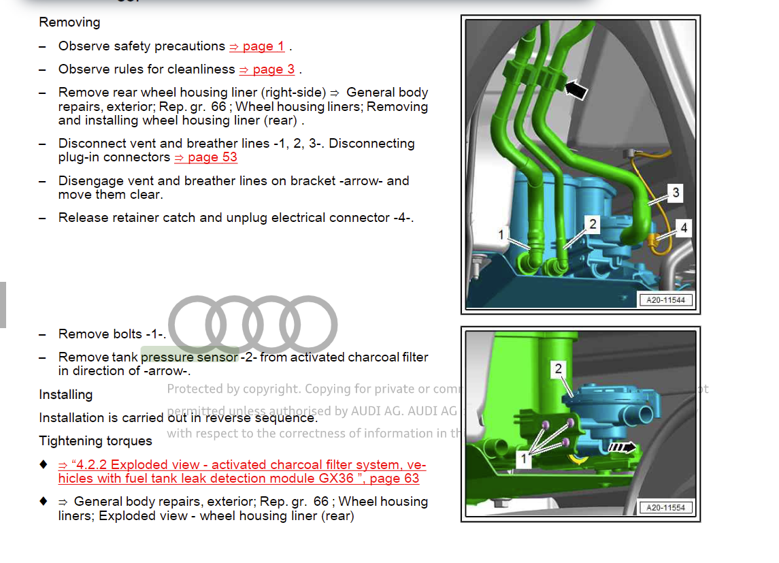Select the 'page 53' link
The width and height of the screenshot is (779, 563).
(x=206, y=157)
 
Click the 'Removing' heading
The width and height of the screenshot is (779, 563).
(x=69, y=22)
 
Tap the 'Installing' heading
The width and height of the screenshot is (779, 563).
(x=65, y=395)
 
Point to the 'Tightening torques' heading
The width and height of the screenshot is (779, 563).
(x=95, y=441)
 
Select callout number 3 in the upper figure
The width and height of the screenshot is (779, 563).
(x=676, y=193)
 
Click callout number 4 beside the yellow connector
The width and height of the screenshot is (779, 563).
(x=684, y=228)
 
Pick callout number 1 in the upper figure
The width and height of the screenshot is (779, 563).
(x=501, y=235)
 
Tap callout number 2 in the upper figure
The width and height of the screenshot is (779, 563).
(x=593, y=224)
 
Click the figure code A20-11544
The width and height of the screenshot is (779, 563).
(x=665, y=300)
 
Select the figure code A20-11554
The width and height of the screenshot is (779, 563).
(x=665, y=508)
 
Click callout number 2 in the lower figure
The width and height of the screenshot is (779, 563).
(x=559, y=369)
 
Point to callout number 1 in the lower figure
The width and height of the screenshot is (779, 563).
(x=523, y=459)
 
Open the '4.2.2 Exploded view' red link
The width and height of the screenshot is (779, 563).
(x=242, y=472)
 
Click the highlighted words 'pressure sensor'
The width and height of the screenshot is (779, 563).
(x=190, y=357)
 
